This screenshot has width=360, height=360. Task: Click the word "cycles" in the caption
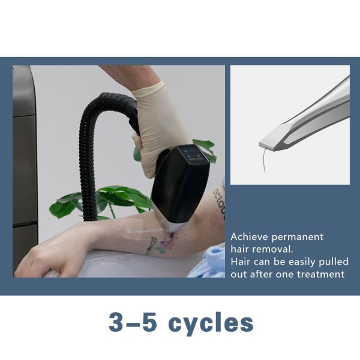[211, 323]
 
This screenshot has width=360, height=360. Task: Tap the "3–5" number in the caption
[131, 323]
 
